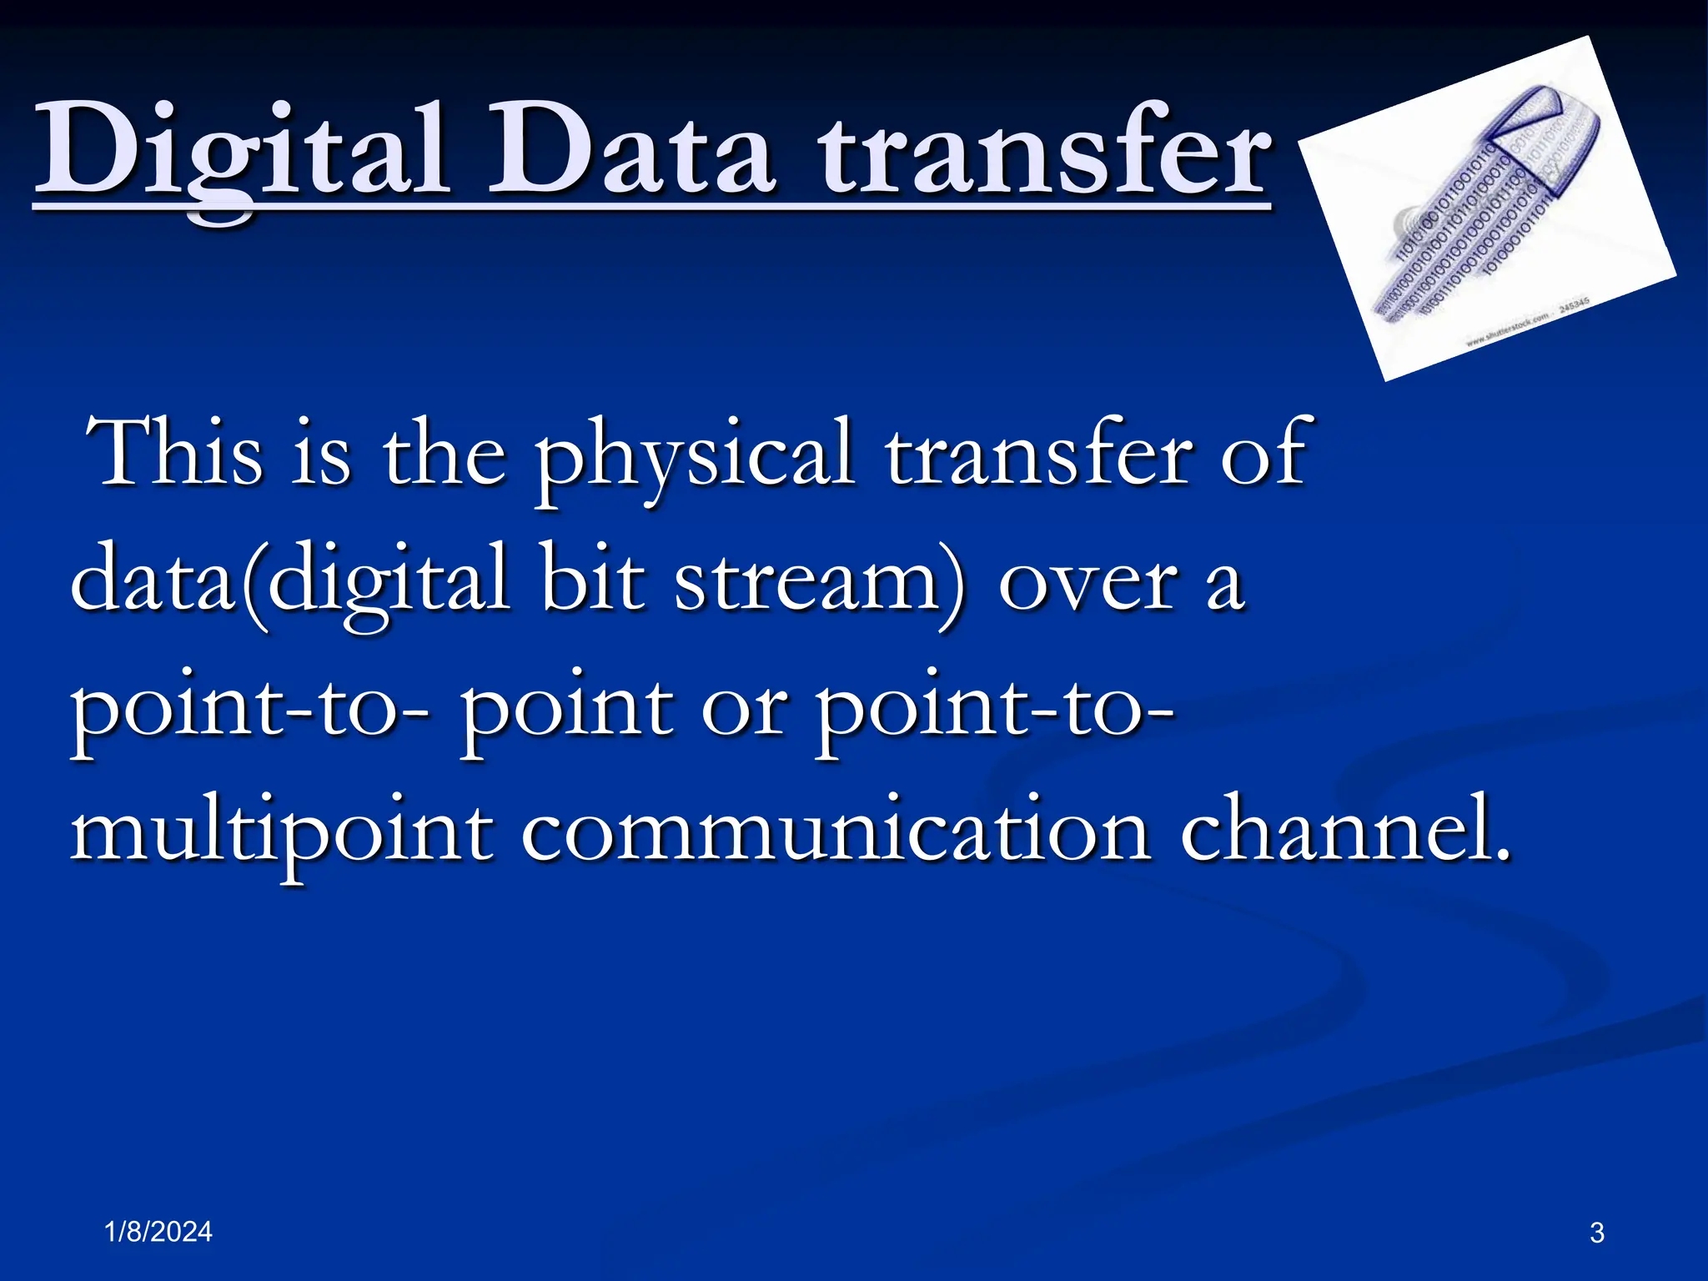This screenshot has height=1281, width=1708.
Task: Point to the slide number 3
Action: click(x=1597, y=1233)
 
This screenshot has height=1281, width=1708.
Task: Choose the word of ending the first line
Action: click(x=1263, y=455)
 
